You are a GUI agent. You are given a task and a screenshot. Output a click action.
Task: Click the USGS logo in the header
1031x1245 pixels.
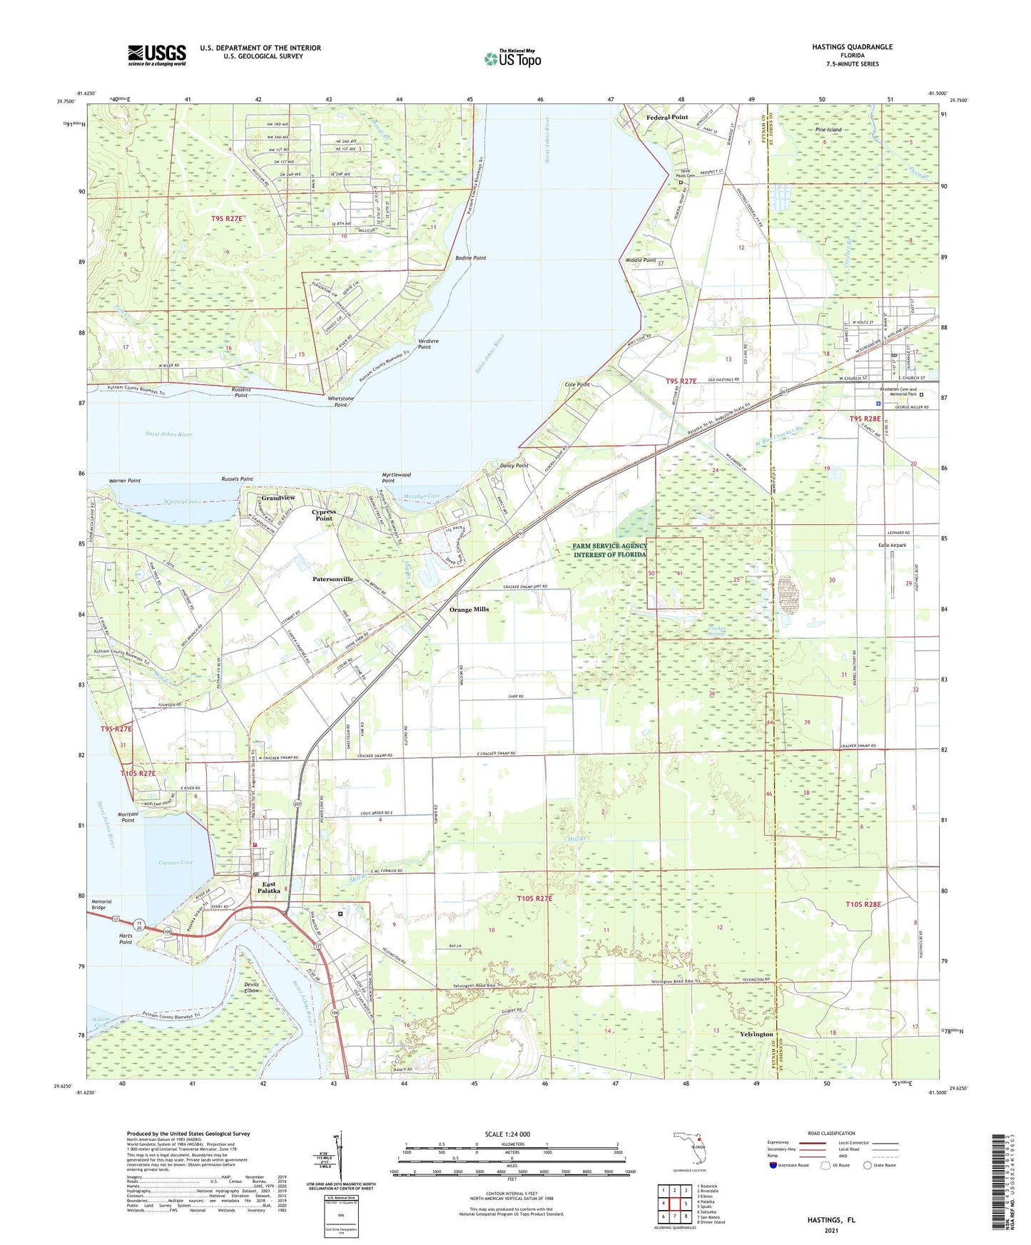tap(156, 54)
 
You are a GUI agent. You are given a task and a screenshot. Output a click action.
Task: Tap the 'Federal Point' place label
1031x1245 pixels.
tap(666, 117)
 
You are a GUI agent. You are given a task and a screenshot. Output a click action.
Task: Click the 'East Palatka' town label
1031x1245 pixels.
tap(268, 888)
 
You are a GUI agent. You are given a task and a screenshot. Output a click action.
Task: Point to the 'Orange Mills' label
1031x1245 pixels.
tap(469, 610)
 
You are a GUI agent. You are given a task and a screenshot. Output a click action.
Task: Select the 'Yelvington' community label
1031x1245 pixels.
tap(756, 1034)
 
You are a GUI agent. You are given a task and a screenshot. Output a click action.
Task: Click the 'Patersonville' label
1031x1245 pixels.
tap(332, 580)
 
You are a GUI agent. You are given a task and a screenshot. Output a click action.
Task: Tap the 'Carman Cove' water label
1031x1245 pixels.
tap(176, 863)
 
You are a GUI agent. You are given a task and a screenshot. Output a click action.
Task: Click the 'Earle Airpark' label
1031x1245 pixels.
tap(891, 545)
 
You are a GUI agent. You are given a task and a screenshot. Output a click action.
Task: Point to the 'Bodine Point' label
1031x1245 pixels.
tap(470, 257)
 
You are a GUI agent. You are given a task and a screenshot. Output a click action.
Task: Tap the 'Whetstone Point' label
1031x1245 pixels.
tap(340, 401)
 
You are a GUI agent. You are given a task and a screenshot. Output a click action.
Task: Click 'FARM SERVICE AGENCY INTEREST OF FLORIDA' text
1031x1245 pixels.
tap(609, 550)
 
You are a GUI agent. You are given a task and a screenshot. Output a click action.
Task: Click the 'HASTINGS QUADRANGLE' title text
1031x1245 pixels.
tap(852, 47)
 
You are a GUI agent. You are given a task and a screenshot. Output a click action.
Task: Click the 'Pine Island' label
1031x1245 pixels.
tap(828, 130)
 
